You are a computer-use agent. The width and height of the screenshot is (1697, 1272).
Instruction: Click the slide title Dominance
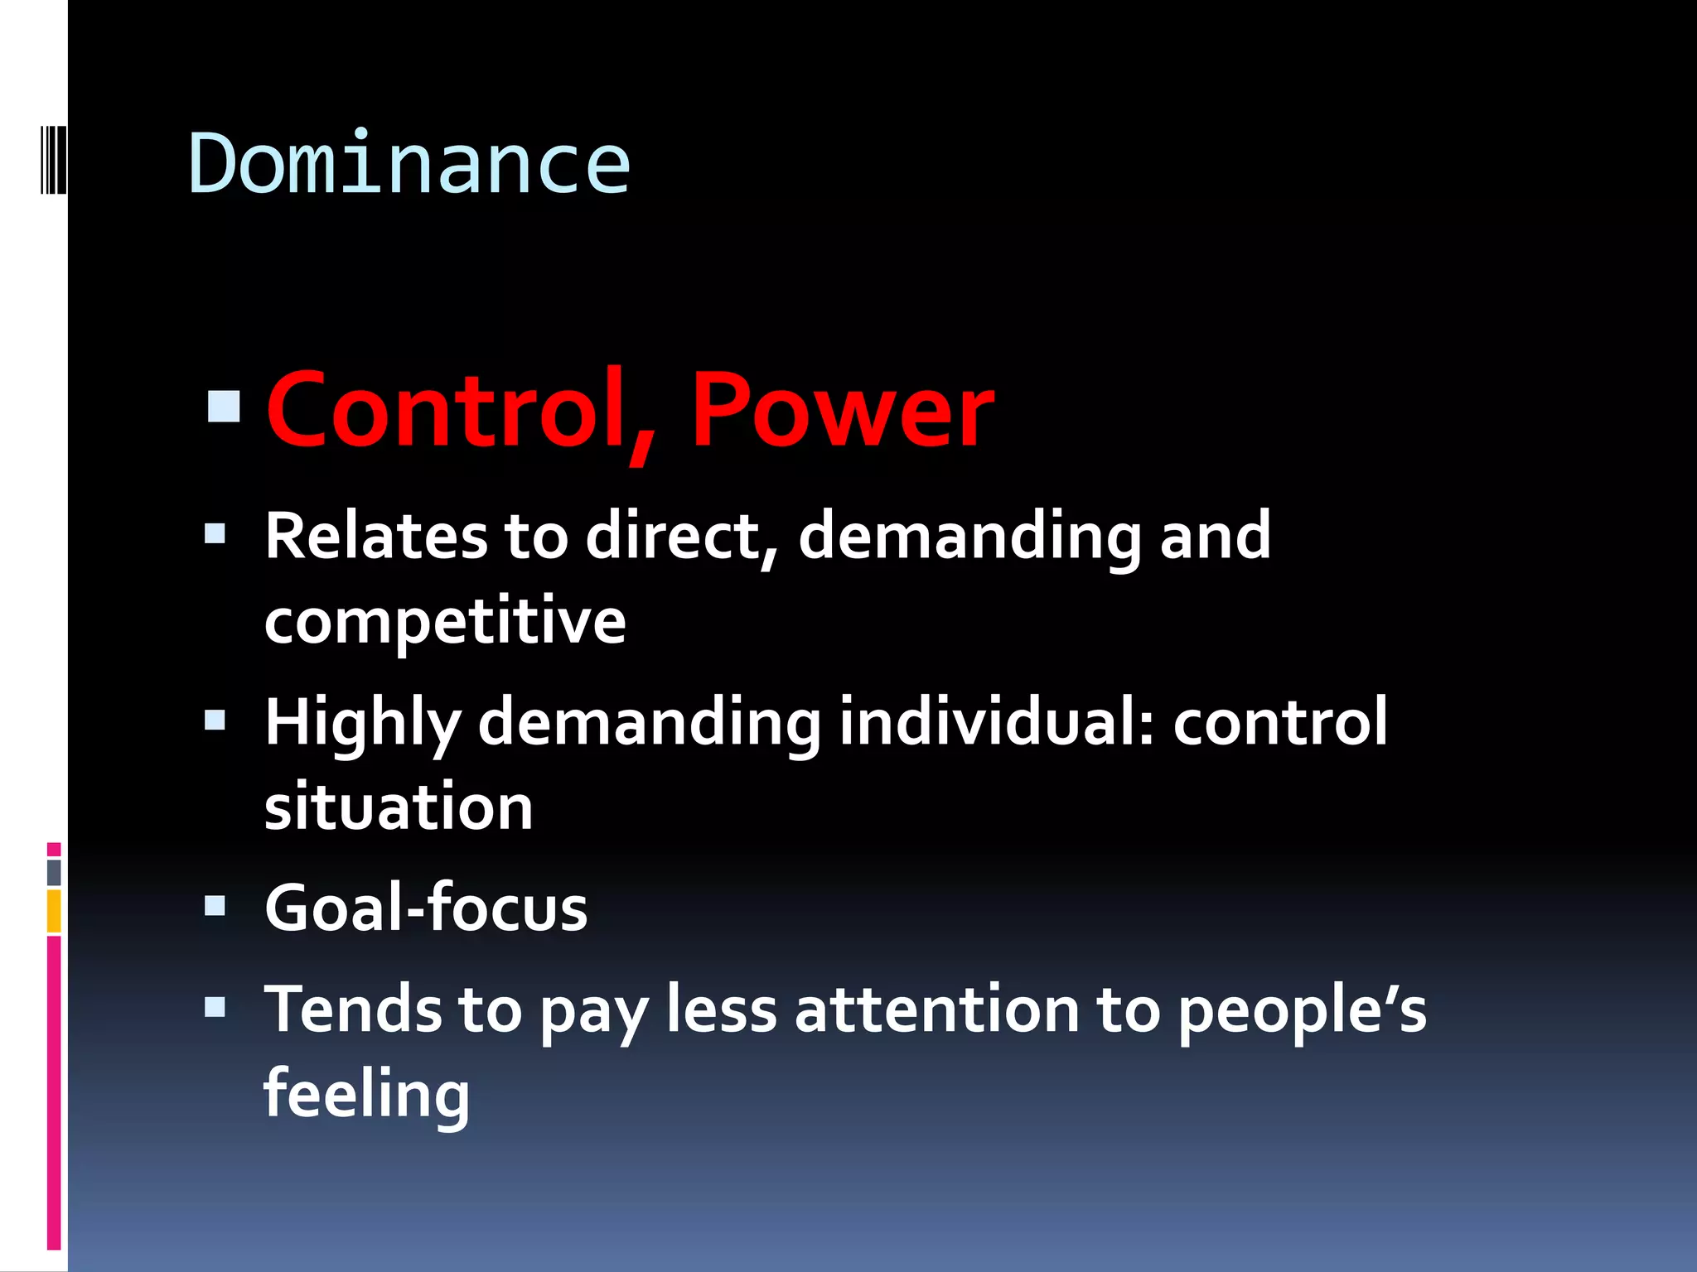click(409, 165)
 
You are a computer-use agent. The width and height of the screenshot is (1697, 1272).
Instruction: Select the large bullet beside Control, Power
click(224, 407)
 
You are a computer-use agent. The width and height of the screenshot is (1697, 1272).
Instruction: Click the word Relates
click(375, 537)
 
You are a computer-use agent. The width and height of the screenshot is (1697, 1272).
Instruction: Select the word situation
click(399, 807)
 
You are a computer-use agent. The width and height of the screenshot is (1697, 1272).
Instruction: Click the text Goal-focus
click(426, 908)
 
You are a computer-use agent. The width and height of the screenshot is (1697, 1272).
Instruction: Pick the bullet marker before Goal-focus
click(215, 906)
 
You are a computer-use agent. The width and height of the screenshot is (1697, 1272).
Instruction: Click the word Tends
click(353, 1009)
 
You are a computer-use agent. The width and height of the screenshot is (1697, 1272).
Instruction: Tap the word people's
click(1302, 1011)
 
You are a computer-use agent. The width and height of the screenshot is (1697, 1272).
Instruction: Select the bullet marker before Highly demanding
click(215, 721)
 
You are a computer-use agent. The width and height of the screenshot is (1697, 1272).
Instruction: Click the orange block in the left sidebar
click(54, 911)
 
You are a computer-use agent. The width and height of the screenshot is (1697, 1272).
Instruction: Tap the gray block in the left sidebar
click(54, 872)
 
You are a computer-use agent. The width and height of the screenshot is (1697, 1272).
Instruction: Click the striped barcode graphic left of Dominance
click(53, 159)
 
